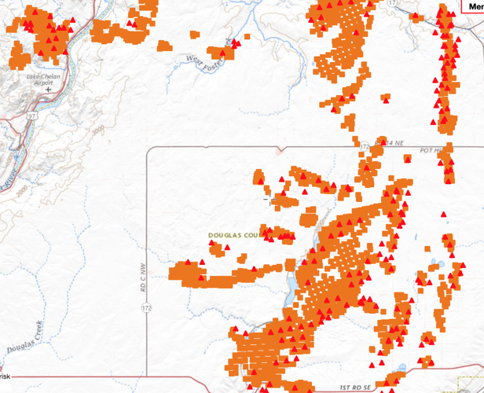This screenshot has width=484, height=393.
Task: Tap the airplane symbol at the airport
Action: point(48,90)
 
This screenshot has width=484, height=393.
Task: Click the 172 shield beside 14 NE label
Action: point(364,146)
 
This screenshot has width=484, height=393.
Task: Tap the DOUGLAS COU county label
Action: point(234,235)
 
